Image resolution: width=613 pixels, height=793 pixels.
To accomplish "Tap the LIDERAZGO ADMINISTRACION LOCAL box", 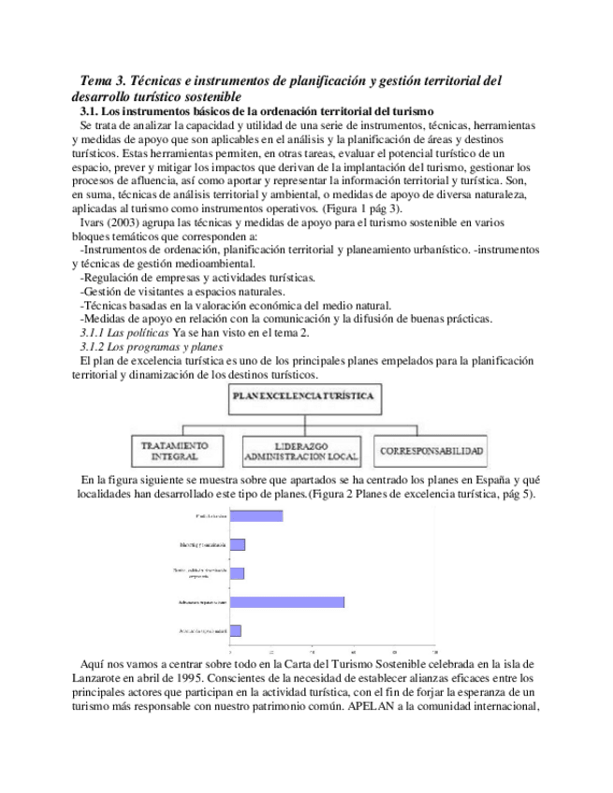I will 303,450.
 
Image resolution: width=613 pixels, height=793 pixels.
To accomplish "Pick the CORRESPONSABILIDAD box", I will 431,451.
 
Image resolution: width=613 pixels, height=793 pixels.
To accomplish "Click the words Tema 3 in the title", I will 101,81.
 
